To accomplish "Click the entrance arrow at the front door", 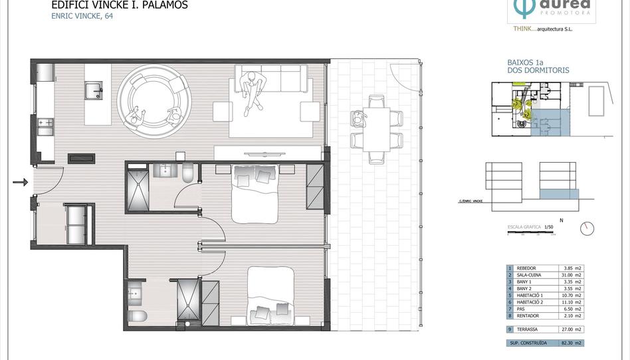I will pyautogui.click(x=21, y=182).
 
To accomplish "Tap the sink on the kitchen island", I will pyautogui.click(x=93, y=90).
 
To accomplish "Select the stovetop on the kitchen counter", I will pyautogui.click(x=46, y=123).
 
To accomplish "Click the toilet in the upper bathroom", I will pyautogui.click(x=187, y=173).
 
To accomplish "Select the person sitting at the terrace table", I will pyautogui.click(x=360, y=120).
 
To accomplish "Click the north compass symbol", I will pyautogui.click(x=586, y=228).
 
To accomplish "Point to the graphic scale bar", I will pyautogui.click(x=531, y=233).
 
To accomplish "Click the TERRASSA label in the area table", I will pyautogui.click(x=527, y=329).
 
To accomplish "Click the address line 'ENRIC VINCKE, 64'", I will pyautogui.click(x=82, y=17).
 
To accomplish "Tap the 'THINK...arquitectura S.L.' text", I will pyautogui.click(x=543, y=29).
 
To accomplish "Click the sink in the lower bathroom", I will pyautogui.click(x=136, y=292).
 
